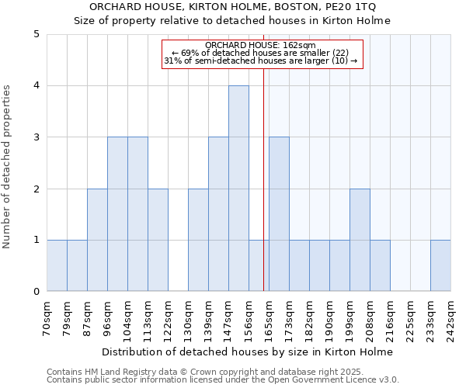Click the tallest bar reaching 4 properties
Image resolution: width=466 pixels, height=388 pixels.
coord(238,189)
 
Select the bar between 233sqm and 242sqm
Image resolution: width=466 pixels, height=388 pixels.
coord(440,265)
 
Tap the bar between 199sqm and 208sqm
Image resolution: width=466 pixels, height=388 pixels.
coord(360,240)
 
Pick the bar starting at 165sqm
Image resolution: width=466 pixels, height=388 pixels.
coord(279,214)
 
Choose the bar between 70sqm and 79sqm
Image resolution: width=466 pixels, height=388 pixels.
coord(57,265)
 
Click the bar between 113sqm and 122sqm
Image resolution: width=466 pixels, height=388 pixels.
coord(158,240)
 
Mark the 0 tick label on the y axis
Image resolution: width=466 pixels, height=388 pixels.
coord(36,292)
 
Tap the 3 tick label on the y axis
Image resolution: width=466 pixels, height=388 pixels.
coord(36,137)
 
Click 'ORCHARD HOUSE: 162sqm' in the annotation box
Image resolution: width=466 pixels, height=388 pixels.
coord(261,45)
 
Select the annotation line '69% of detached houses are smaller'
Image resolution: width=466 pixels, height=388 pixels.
coord(261,53)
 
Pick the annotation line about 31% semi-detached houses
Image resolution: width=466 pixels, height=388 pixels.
coord(261,61)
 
